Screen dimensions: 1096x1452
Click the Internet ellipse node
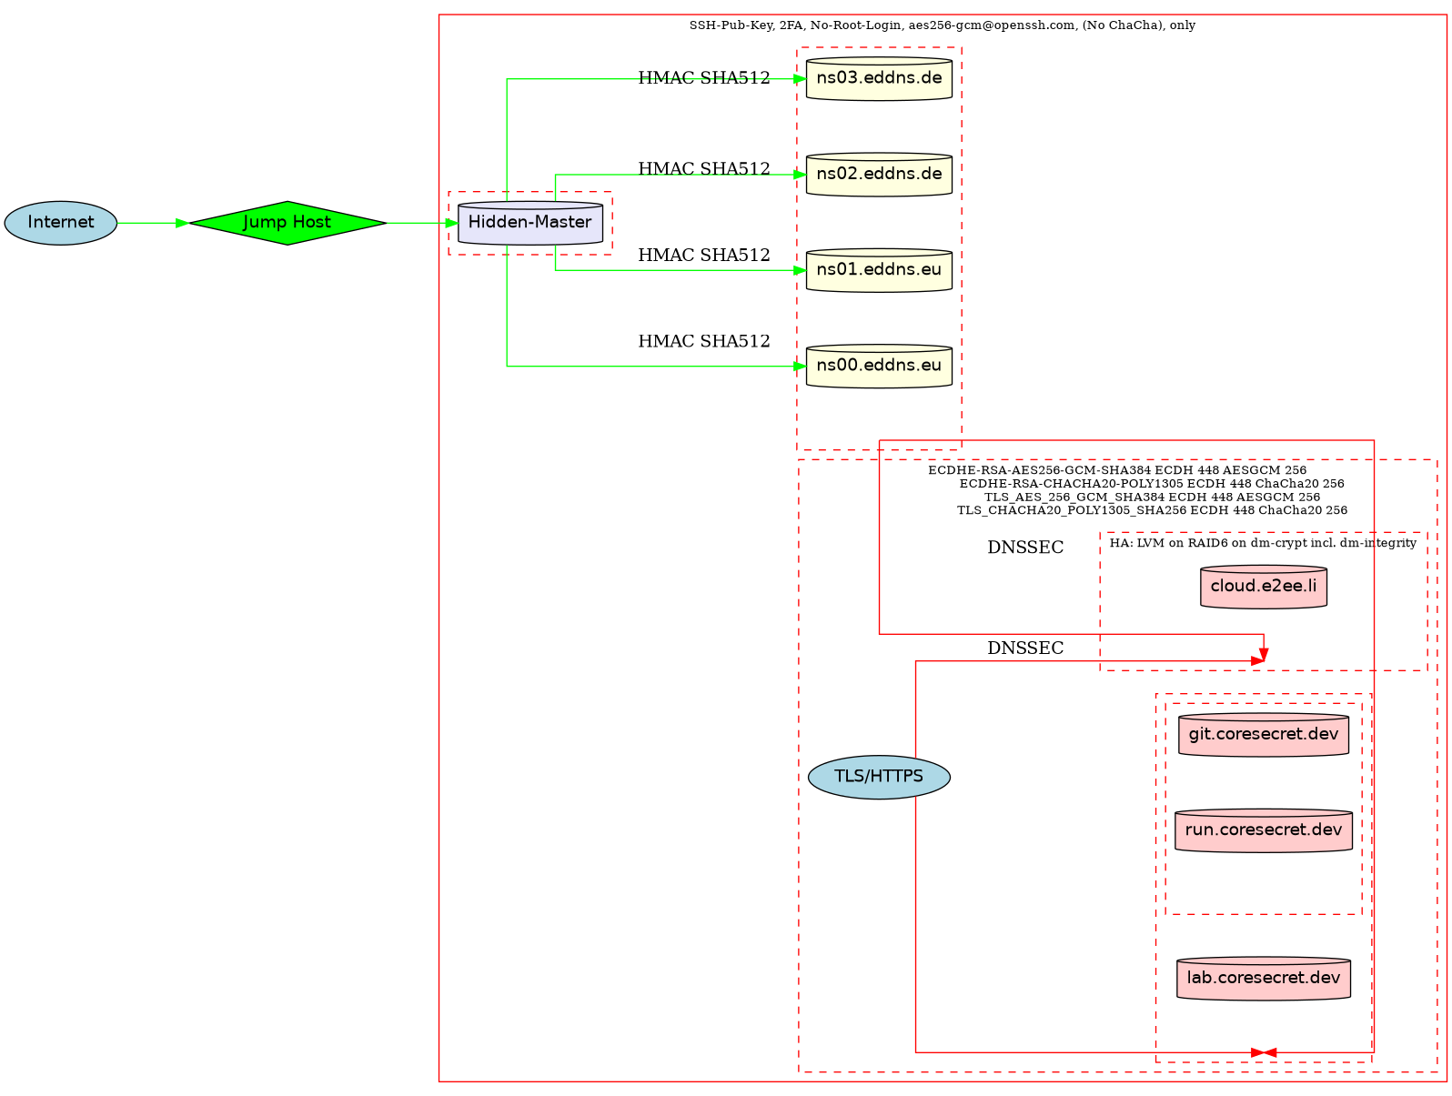point(61,223)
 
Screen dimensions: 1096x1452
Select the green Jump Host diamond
point(287,223)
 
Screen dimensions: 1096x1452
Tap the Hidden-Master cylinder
point(530,224)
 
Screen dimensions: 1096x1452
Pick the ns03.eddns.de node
point(879,79)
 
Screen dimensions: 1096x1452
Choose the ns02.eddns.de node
point(879,175)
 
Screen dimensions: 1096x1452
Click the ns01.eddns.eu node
point(879,271)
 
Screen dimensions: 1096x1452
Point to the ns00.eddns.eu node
point(879,367)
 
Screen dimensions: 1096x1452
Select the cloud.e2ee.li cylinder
point(1264,588)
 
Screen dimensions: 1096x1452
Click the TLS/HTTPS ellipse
point(879,777)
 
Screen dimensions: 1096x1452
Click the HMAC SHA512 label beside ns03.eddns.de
point(704,78)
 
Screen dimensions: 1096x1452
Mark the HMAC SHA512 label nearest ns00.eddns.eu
point(704,342)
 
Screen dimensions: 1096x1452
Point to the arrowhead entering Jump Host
point(182,223)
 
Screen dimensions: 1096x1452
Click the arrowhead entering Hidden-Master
point(452,223)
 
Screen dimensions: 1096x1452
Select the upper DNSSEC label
point(1025,548)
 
